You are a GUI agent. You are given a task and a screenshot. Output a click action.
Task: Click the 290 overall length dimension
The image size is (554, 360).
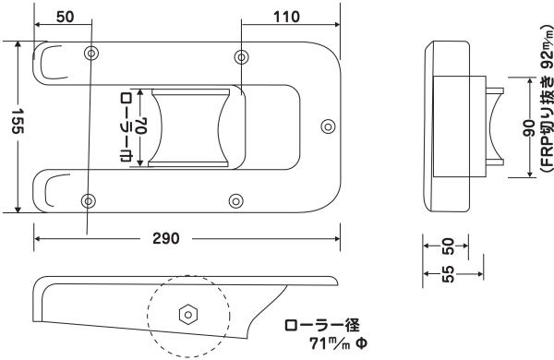[x=166, y=239]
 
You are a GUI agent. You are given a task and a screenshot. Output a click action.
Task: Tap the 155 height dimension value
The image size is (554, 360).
[x=18, y=121]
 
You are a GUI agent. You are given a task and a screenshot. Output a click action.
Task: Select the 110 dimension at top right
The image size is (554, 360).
[x=286, y=17]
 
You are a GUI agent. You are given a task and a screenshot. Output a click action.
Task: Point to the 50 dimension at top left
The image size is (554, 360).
[x=66, y=17]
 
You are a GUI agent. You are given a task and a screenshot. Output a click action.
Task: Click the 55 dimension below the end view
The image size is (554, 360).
[x=448, y=274]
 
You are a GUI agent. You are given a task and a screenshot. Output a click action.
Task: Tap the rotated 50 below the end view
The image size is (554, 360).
[x=448, y=246]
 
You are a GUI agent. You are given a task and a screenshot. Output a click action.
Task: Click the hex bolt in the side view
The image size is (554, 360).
[x=188, y=315]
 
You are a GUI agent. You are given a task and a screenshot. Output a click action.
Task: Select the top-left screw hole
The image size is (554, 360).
[x=91, y=54]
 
